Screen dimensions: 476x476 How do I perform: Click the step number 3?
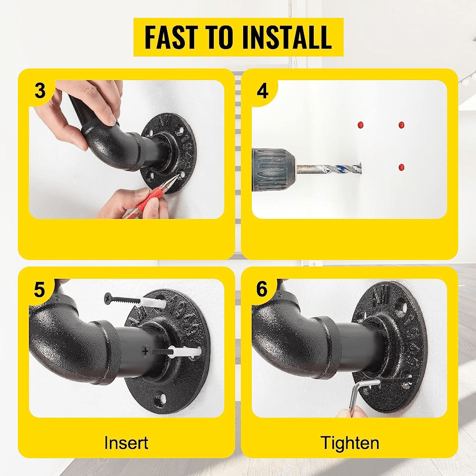[40, 90]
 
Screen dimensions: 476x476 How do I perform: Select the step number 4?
[263, 91]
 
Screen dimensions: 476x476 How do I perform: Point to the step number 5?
[40, 289]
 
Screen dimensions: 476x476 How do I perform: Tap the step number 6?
[262, 289]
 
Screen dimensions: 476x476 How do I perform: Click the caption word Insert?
[126, 443]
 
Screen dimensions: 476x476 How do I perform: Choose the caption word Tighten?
[350, 443]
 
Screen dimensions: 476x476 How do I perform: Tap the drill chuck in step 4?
[273, 169]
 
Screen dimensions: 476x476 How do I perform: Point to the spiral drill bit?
[328, 169]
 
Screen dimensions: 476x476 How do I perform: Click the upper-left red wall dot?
[360, 125]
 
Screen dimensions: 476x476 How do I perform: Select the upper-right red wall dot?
[401, 125]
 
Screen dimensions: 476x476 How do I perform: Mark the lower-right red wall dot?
[401, 167]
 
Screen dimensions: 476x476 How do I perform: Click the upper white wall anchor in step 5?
[151, 302]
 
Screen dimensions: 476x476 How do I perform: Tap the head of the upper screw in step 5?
[108, 298]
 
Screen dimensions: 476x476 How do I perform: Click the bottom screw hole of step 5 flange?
[161, 398]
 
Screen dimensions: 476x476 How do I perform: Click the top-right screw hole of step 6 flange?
[403, 307]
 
